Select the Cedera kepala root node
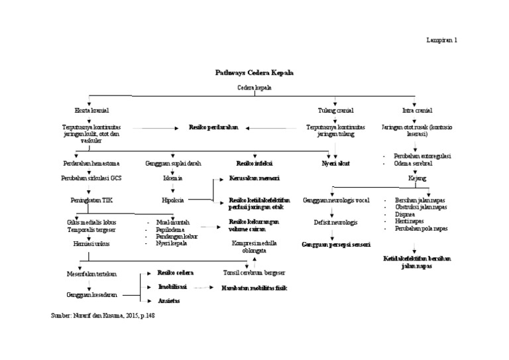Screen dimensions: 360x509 point(254,88)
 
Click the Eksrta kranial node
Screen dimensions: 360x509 point(92,110)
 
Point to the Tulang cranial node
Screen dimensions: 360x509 point(336,110)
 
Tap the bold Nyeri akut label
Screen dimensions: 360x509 point(336,162)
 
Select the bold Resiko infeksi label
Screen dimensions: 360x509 point(254,162)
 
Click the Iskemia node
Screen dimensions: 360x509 point(173,179)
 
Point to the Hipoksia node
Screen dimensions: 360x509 point(173,199)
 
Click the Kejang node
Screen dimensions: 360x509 point(418,179)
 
